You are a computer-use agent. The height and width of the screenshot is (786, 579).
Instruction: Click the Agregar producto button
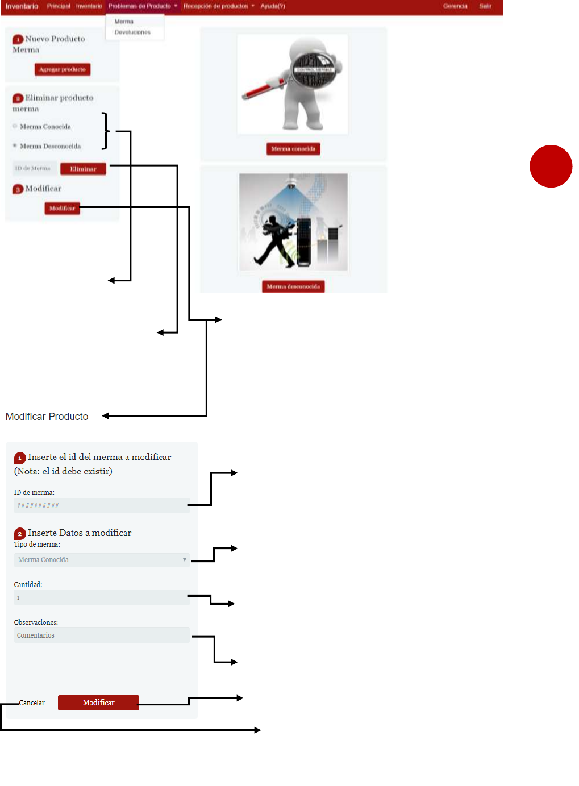click(62, 69)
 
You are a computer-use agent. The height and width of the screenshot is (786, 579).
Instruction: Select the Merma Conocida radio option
click(15, 126)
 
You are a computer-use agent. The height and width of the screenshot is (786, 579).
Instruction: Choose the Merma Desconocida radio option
click(15, 145)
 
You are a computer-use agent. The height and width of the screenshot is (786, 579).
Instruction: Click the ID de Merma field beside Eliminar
click(34, 168)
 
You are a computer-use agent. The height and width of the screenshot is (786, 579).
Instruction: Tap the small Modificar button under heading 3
click(62, 209)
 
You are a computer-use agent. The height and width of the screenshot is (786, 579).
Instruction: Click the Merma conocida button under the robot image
click(293, 149)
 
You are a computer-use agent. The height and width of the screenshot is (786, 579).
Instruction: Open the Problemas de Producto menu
click(142, 6)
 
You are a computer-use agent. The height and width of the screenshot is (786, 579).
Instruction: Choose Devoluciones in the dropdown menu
click(132, 32)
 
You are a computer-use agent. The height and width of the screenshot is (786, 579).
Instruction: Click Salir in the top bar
click(485, 6)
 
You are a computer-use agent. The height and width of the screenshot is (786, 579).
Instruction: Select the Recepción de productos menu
click(218, 6)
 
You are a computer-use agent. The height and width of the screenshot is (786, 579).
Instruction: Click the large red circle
click(551, 166)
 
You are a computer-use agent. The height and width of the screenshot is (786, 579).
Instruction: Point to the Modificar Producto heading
click(47, 417)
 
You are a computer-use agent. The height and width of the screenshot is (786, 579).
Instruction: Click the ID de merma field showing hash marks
click(101, 505)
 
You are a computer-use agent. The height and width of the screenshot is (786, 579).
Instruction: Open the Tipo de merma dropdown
click(101, 560)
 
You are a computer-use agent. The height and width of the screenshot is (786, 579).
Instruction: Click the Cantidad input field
click(101, 597)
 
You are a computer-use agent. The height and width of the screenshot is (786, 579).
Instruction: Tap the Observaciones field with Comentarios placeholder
click(101, 635)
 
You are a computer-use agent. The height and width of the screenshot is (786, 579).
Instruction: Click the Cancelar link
click(32, 703)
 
